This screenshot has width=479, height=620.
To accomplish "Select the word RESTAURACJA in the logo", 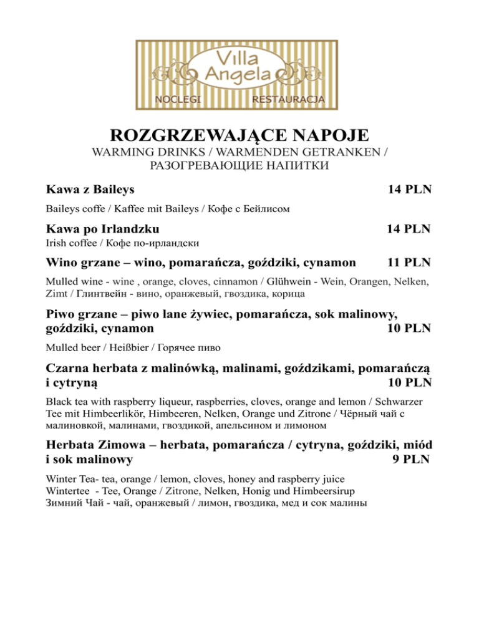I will coord(288,100).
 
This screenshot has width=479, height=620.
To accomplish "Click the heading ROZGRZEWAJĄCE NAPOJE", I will coord(239,135).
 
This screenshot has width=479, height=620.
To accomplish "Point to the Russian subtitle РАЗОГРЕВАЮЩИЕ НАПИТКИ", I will coord(239,165).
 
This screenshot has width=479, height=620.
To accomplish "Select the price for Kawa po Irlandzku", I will coord(409,229).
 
